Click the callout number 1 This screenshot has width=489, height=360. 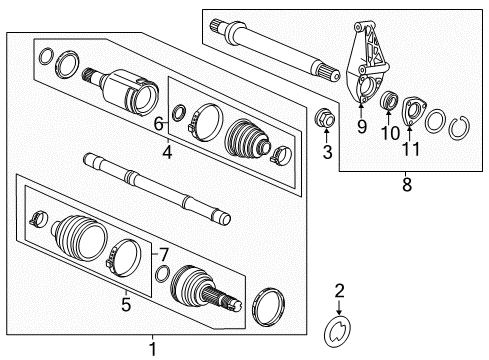point(153,349)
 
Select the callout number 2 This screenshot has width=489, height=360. point(339,291)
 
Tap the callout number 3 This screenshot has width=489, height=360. point(326,152)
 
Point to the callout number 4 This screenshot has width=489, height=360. point(167,153)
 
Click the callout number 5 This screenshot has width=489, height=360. point(126,304)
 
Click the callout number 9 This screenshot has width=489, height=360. point(362,127)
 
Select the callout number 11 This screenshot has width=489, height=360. point(410,150)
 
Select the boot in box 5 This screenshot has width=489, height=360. point(76,243)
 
